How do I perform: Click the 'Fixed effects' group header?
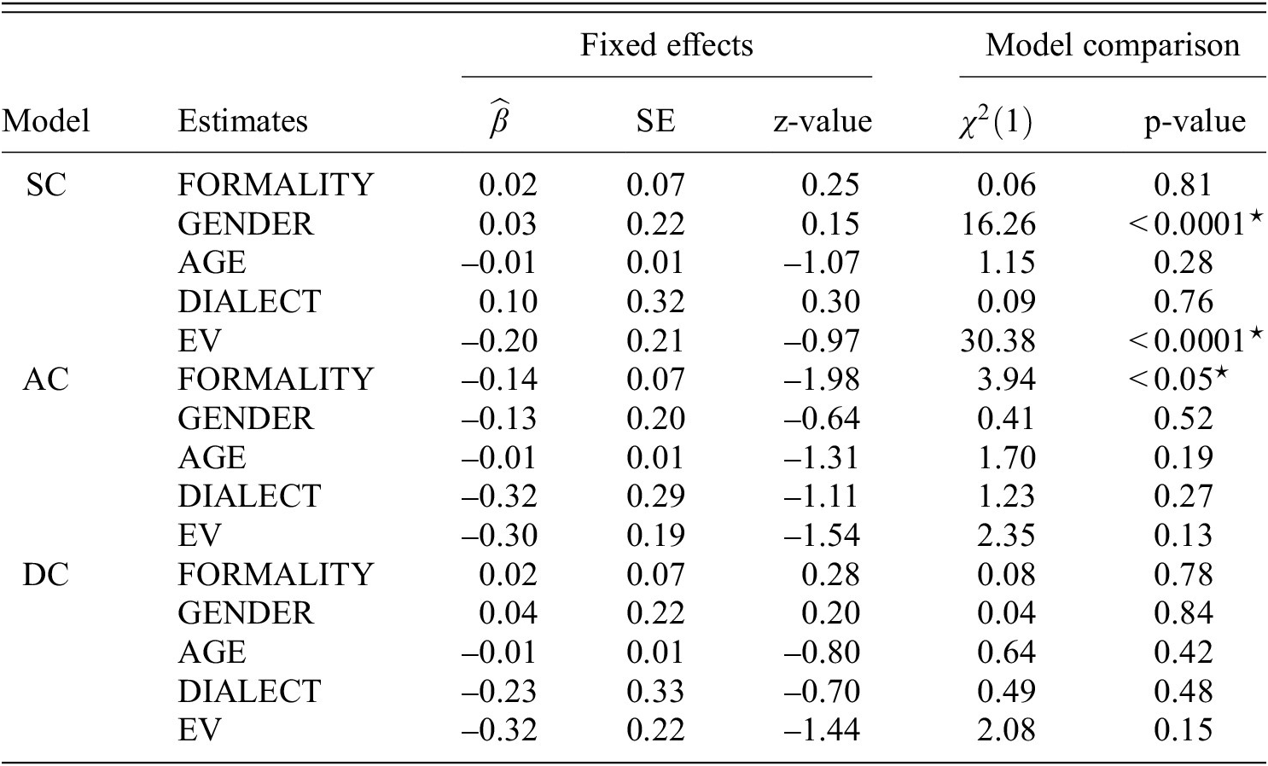pyautogui.click(x=666, y=44)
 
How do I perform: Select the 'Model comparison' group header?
pyautogui.click(x=1112, y=44)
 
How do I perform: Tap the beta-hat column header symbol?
pyautogui.click(x=499, y=121)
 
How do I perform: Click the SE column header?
pyautogui.click(x=654, y=121)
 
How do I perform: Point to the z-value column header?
pyautogui.click(x=822, y=121)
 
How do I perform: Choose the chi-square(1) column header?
pyautogui.click(x=993, y=121)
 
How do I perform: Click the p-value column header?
pyautogui.click(x=1194, y=121)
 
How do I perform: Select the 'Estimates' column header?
pyautogui.click(x=242, y=121)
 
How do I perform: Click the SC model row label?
pyautogui.click(x=45, y=184)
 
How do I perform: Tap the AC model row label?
pyautogui.click(x=45, y=379)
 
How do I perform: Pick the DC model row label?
pyautogui.click(x=45, y=573)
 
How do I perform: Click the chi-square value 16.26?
pyautogui.click(x=997, y=223)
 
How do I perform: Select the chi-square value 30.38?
pyautogui.click(x=997, y=340)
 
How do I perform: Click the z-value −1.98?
pyautogui.click(x=822, y=379)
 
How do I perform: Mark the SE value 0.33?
pyautogui.click(x=654, y=691)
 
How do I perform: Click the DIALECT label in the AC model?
pyautogui.click(x=248, y=496)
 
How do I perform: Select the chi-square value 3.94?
pyautogui.click(x=1006, y=379)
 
